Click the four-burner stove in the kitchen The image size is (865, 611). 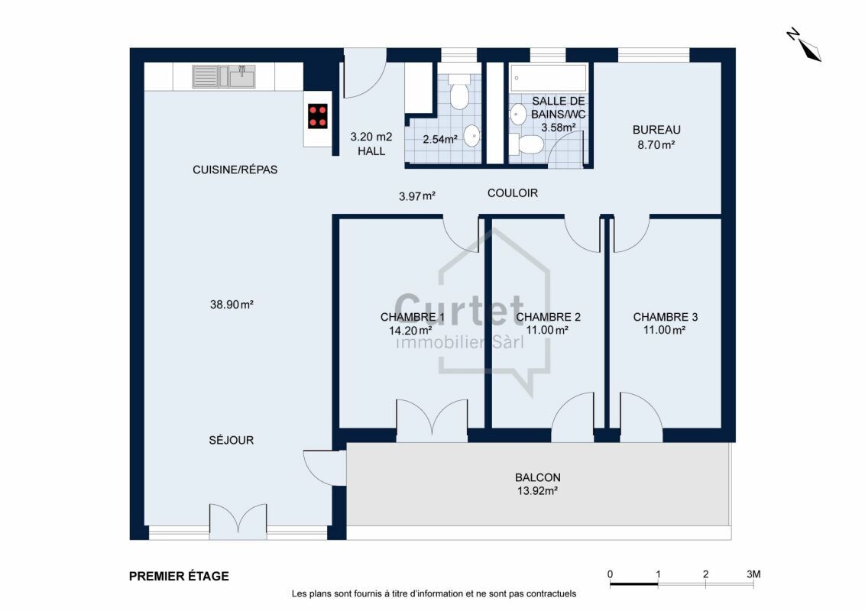coord(318,116)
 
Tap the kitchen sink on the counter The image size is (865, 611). coord(224,76)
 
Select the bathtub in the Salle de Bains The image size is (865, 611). coord(549,79)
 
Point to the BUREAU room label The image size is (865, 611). coord(656,130)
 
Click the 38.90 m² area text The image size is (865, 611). coord(232,305)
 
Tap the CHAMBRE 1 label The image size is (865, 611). coord(412,317)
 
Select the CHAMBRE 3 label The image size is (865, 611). coord(666,317)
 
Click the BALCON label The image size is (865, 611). coord(538,477)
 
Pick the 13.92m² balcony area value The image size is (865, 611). coord(537,491)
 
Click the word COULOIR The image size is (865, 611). coord(513,193)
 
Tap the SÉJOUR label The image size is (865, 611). coord(231,440)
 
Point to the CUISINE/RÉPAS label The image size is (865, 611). coord(235,170)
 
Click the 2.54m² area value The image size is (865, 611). coord(440,140)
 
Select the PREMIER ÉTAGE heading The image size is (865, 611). coord(179,577)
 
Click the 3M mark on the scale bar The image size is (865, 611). coord(753,574)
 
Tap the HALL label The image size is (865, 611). coord(371,151)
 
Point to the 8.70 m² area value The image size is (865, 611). coord(656,145)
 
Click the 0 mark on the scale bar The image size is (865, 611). coord(610,574)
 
